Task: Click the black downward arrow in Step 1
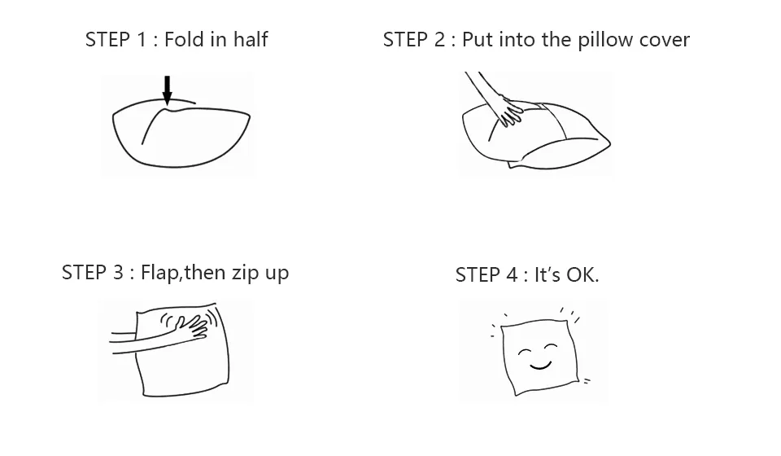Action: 168,90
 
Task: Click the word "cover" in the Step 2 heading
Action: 665,42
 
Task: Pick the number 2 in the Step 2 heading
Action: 438,39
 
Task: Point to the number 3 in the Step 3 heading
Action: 117,272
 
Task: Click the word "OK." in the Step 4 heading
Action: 582,274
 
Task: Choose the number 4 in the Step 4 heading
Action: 512,274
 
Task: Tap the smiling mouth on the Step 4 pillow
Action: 540,366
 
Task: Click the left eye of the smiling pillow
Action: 525,352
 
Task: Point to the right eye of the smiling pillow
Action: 551,346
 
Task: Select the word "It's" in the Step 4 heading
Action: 548,274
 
